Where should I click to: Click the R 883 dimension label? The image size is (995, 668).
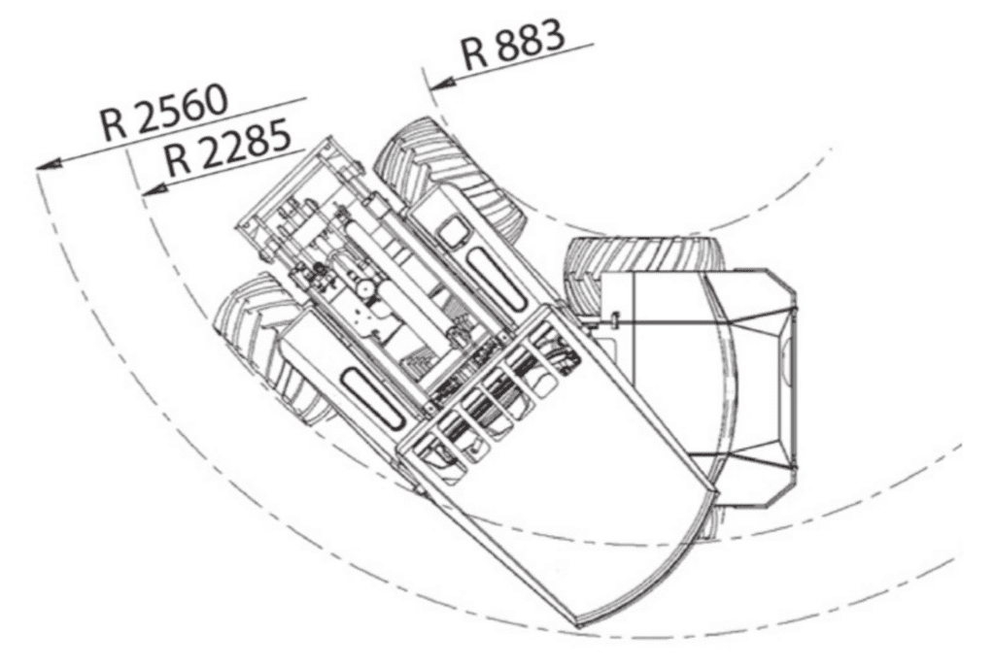(x=513, y=45)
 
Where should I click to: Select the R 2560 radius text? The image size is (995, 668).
(x=163, y=113)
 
